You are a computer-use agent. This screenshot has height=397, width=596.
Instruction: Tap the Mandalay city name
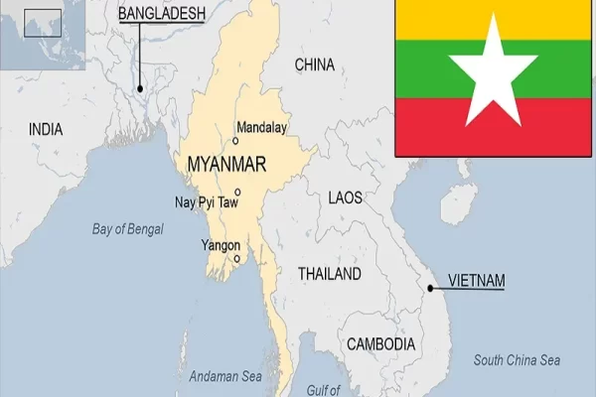(261, 127)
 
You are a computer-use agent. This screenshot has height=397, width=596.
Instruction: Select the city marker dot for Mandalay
(235, 141)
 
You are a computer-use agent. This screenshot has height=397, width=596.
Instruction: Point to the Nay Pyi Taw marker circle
(237, 193)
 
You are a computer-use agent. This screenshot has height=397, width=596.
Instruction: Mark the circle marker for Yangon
(236, 258)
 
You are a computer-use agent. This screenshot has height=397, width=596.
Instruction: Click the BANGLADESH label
(161, 14)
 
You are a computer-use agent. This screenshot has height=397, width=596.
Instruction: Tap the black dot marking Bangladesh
(140, 87)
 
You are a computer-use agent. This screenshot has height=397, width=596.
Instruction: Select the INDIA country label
(46, 129)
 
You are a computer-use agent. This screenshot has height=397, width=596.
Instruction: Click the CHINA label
(314, 66)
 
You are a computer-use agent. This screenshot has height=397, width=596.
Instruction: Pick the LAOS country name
(347, 198)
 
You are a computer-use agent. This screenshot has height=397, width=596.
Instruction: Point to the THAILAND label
(330, 273)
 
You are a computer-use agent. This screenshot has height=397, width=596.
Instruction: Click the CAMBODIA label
(380, 343)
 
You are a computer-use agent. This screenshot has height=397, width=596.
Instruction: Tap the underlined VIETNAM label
(476, 281)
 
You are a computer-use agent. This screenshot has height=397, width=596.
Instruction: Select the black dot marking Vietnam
(430, 289)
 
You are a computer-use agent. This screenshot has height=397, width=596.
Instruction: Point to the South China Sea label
(517, 359)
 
